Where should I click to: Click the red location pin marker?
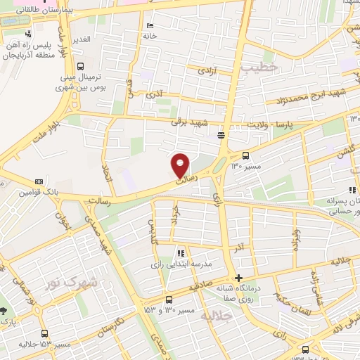(181, 165)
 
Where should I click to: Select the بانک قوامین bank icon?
(38, 181)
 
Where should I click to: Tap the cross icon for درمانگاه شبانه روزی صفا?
(240, 278)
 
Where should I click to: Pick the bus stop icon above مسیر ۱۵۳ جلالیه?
(45, 333)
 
